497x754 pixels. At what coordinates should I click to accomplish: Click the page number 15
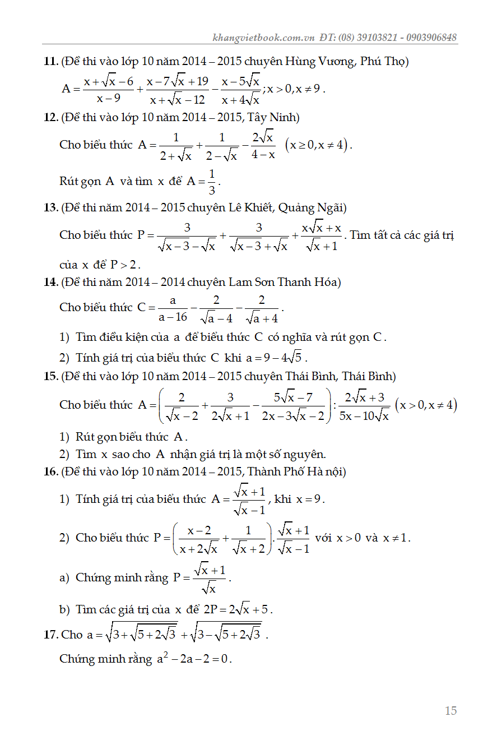tap(450, 711)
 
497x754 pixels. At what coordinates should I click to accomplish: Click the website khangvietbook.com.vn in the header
tap(263, 38)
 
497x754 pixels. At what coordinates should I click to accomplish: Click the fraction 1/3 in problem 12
tap(211, 182)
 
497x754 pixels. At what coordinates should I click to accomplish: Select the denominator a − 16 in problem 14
tap(173, 317)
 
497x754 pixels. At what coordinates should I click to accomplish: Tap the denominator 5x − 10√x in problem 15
tap(364, 416)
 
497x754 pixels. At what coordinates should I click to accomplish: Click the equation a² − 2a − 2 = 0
tap(194, 659)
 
